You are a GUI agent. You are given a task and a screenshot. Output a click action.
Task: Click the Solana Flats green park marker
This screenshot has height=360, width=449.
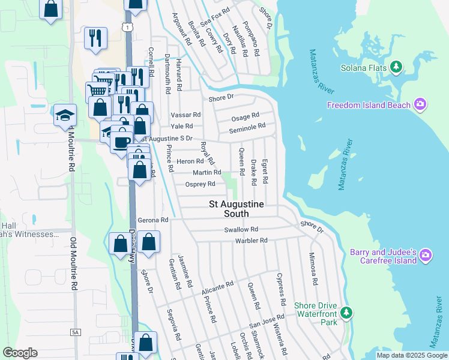[x=396, y=68]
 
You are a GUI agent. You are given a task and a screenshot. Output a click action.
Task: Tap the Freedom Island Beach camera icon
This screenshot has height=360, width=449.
[x=420, y=105]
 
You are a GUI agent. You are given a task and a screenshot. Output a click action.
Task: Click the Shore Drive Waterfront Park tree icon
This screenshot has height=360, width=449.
[x=346, y=313]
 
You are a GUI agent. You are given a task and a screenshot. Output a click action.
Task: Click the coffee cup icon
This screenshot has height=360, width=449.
[x=121, y=142]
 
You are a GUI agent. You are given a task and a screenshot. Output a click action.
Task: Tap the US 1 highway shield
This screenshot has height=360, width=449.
[x=127, y=27]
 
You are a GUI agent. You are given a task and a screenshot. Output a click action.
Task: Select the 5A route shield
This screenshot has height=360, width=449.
[x=75, y=332]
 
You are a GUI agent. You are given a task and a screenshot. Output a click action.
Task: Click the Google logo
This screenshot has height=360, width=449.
[x=20, y=353]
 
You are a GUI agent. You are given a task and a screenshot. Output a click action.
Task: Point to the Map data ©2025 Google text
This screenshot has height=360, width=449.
[x=411, y=355]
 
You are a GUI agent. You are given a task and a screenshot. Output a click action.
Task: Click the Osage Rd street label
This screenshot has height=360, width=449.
[x=246, y=116]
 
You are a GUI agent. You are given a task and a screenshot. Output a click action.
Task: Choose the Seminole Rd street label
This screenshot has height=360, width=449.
[x=247, y=127]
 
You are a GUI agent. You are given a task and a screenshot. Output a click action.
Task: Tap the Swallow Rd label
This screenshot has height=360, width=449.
[x=241, y=229]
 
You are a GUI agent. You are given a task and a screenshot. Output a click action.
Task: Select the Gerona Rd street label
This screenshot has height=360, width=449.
[x=152, y=220]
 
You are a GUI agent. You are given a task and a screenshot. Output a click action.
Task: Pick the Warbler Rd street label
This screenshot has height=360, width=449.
[x=252, y=241]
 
